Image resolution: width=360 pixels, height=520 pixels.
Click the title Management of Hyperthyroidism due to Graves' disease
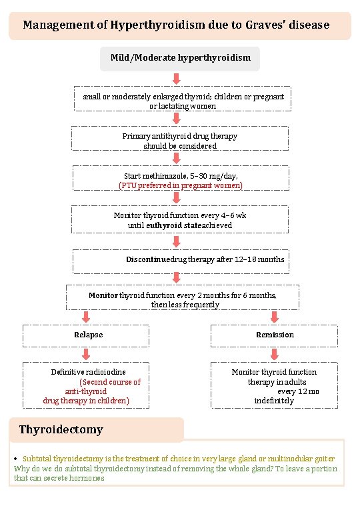click(176, 25)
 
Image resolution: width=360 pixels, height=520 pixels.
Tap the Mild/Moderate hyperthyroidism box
click(180, 58)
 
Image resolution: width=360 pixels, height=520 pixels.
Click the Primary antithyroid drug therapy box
click(180, 140)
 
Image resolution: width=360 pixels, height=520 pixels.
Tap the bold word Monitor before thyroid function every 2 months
click(103, 295)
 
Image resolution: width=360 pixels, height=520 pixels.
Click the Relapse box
click(88, 335)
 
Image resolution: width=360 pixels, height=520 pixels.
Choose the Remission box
click(275, 335)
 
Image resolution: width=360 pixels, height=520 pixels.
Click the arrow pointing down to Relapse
click(86, 317)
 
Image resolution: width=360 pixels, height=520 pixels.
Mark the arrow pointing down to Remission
click(274, 317)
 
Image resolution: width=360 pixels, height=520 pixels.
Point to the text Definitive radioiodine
click(88, 372)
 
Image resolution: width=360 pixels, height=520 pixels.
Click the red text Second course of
click(111, 382)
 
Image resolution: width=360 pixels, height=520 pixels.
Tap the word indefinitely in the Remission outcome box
click(273, 401)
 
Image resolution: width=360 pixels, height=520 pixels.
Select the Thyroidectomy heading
click(61, 429)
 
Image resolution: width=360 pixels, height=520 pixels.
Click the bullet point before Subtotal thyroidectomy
click(15, 460)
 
